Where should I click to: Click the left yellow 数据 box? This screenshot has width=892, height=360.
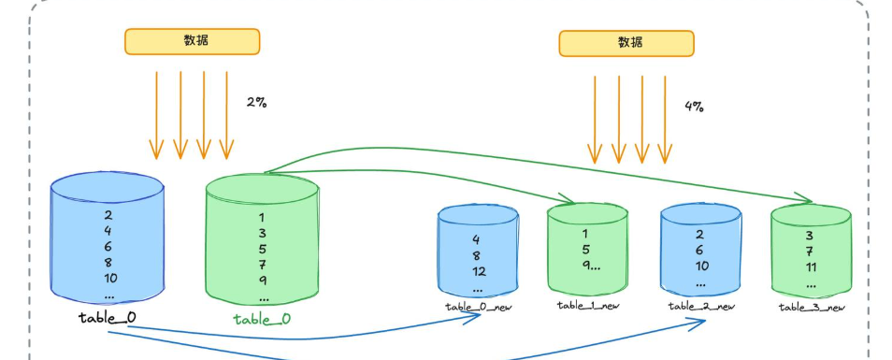point(193,41)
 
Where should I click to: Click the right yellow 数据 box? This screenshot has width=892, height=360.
point(626,43)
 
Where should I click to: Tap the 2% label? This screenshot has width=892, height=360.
point(256,102)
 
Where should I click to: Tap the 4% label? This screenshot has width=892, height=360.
point(694,107)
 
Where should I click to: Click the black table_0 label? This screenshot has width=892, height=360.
point(108,317)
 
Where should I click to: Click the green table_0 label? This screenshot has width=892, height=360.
point(262,319)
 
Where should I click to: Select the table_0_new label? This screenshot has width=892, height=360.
point(479,307)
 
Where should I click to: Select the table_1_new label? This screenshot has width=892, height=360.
point(588,306)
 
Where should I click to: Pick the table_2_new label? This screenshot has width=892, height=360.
point(701,307)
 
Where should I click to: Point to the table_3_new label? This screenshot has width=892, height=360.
point(812,308)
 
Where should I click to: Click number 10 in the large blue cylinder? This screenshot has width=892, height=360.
point(109,278)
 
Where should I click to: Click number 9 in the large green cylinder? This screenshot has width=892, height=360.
point(262,281)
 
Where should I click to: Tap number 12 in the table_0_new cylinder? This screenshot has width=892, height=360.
point(479,272)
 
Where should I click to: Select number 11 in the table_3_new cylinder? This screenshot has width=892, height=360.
point(812,267)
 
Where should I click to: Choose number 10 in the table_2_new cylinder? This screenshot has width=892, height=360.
point(701,266)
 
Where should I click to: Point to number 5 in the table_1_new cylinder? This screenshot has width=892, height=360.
point(586,249)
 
